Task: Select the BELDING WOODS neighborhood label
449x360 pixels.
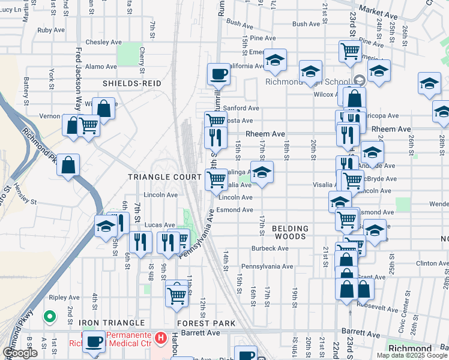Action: coord(290,233)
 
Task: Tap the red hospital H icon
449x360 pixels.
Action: coord(160,338)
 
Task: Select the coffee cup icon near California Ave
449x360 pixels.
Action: coord(218,74)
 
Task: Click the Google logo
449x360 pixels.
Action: coord(20,353)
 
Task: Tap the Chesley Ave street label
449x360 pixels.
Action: coord(103,43)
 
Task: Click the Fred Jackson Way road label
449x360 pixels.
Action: coord(78,78)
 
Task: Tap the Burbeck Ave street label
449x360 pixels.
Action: coord(267,248)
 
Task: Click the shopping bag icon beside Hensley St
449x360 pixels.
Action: coord(68,165)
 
